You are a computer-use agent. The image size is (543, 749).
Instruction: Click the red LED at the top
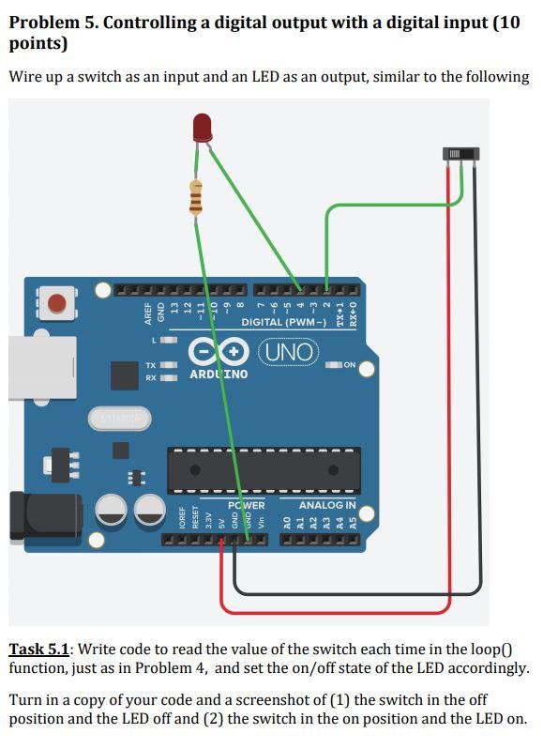[202, 127]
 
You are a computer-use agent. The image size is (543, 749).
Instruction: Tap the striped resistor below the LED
[195, 197]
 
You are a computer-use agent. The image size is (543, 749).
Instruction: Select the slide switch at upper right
[461, 153]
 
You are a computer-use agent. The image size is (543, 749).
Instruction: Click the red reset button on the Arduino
[57, 303]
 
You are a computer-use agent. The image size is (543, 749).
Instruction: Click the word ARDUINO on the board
[219, 374]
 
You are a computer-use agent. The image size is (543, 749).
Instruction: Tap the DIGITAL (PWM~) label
[283, 323]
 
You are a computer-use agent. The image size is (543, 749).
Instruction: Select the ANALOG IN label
[326, 505]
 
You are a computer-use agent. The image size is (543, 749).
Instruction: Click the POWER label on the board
[246, 505]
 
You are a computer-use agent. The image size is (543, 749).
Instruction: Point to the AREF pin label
[148, 313]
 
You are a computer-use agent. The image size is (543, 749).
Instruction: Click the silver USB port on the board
[40, 367]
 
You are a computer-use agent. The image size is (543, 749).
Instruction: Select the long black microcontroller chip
[264, 469]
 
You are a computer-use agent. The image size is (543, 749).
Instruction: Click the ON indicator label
[349, 364]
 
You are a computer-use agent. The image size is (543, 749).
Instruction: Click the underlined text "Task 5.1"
[38, 650]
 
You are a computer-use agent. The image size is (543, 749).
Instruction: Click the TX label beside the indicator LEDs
[151, 364]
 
